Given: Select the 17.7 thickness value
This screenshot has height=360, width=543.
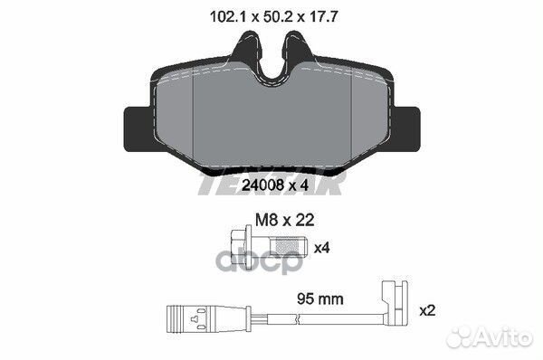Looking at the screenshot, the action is pos(323,16).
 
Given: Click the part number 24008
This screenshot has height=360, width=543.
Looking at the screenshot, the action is pos(262,185).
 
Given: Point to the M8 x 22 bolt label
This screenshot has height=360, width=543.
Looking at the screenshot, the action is pos(285,220).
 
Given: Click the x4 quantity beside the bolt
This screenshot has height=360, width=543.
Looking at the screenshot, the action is pos(321,248).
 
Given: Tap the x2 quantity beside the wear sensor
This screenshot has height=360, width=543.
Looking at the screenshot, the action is pos(427,310).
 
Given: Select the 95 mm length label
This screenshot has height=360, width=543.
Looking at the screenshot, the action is pos(320,298).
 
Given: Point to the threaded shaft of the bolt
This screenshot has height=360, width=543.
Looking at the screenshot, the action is pos(289,247).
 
